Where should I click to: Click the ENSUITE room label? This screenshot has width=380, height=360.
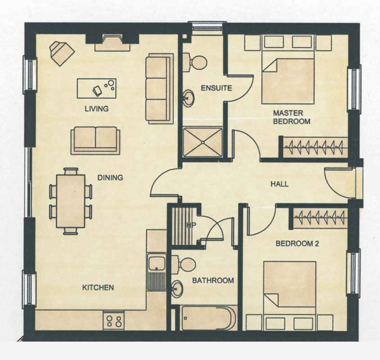[x=216, y=88]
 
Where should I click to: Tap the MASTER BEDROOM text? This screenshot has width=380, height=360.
[x=291, y=117]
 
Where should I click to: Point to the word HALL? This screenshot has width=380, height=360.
[x=279, y=184]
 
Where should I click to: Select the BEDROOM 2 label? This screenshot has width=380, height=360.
[x=297, y=243]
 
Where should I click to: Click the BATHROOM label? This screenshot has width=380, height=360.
[x=213, y=281]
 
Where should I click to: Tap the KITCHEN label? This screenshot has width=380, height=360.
[x=98, y=288]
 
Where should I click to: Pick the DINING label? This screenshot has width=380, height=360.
[x=110, y=178]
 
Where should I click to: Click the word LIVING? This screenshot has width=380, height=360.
[x=96, y=109]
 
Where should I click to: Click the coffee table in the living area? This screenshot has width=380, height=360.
[x=96, y=88]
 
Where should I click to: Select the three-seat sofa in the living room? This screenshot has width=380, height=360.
[x=160, y=89]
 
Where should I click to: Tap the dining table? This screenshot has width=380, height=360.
[x=71, y=201]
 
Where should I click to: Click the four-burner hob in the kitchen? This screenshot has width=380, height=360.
[x=114, y=320]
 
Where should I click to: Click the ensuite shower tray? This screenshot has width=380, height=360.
[x=203, y=142]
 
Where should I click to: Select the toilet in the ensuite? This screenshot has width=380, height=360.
[x=195, y=63]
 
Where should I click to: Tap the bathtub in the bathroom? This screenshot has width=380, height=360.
[x=208, y=318]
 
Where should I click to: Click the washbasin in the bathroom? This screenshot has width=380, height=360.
[x=177, y=289]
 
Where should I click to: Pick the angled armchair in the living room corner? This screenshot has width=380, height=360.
[x=62, y=53]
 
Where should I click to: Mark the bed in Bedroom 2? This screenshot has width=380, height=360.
[x=290, y=288]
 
